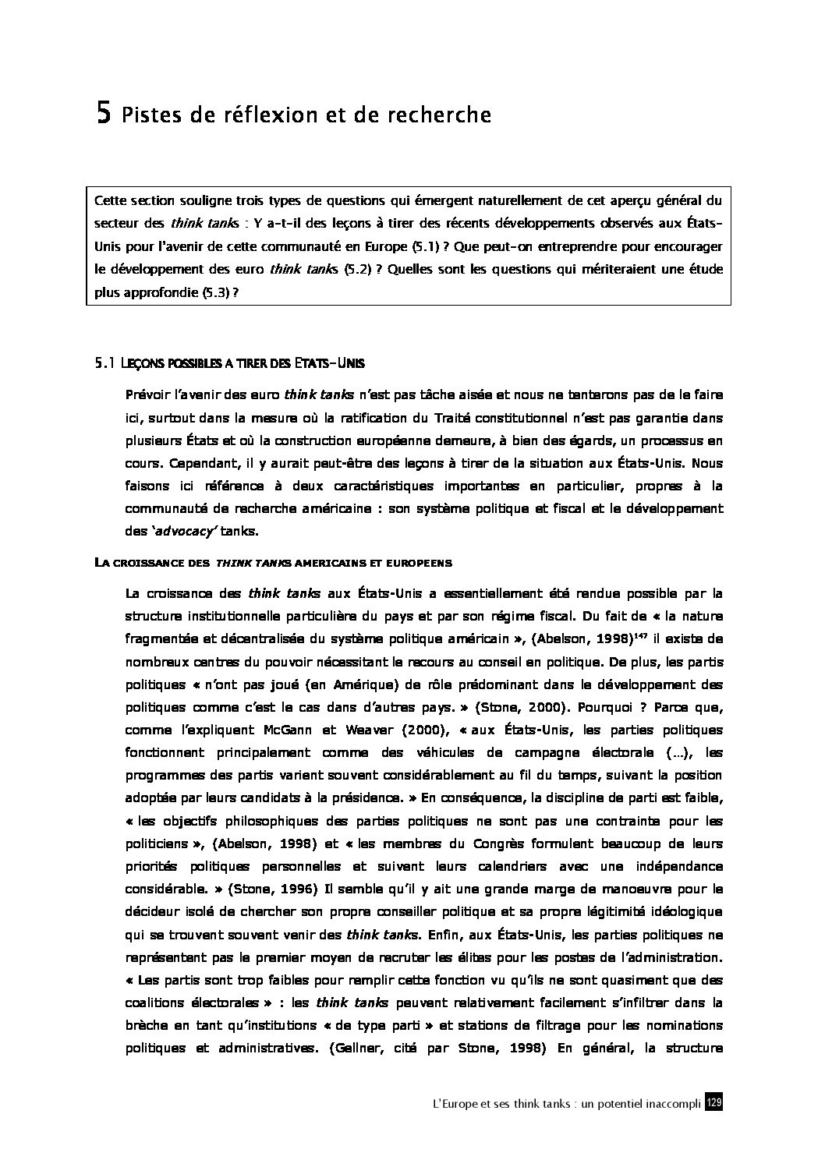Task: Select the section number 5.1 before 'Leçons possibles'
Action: tap(104, 362)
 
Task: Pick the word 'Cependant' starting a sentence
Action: tap(157, 463)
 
